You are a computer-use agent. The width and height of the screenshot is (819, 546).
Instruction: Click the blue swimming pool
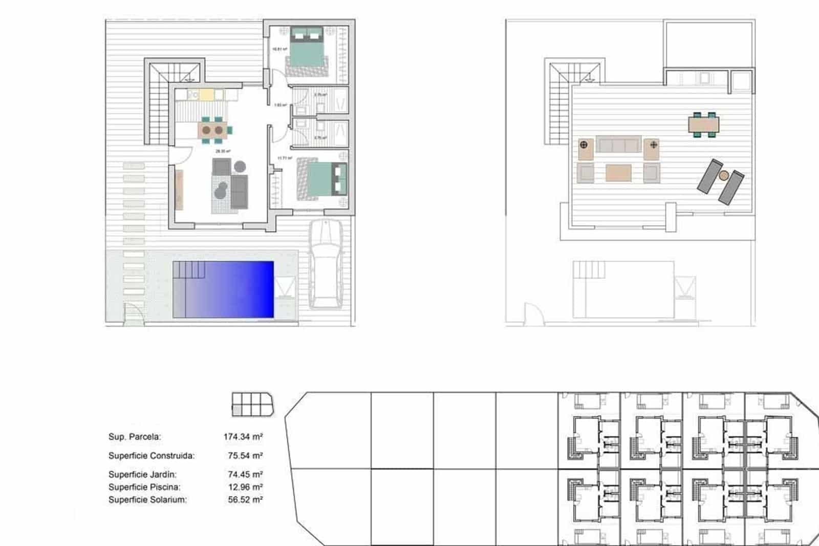[x=223, y=289]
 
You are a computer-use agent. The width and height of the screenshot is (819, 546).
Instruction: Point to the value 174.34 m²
[x=243, y=437]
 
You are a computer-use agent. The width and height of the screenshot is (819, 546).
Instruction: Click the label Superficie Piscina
[x=144, y=487]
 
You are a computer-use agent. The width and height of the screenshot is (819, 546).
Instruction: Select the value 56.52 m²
[x=245, y=499]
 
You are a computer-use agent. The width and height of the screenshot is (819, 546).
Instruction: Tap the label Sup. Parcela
[x=135, y=437]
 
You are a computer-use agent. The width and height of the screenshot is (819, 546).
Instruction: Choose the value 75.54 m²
[x=245, y=455]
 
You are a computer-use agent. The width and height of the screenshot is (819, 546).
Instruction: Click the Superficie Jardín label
[x=142, y=474]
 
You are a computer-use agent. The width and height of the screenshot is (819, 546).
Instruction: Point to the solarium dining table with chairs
[x=704, y=124]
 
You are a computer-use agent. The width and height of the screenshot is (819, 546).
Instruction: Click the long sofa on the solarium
[x=618, y=144]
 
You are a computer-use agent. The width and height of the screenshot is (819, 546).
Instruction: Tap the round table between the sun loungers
[x=723, y=176]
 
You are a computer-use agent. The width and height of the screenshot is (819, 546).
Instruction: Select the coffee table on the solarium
[x=618, y=173]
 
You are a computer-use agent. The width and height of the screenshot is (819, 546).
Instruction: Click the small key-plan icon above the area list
[x=252, y=404]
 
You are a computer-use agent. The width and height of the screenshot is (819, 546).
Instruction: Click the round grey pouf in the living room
[x=240, y=166]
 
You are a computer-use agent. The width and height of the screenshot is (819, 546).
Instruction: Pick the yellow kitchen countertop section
[x=206, y=94]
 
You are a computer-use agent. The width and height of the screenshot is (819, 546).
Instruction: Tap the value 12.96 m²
[x=245, y=487]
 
